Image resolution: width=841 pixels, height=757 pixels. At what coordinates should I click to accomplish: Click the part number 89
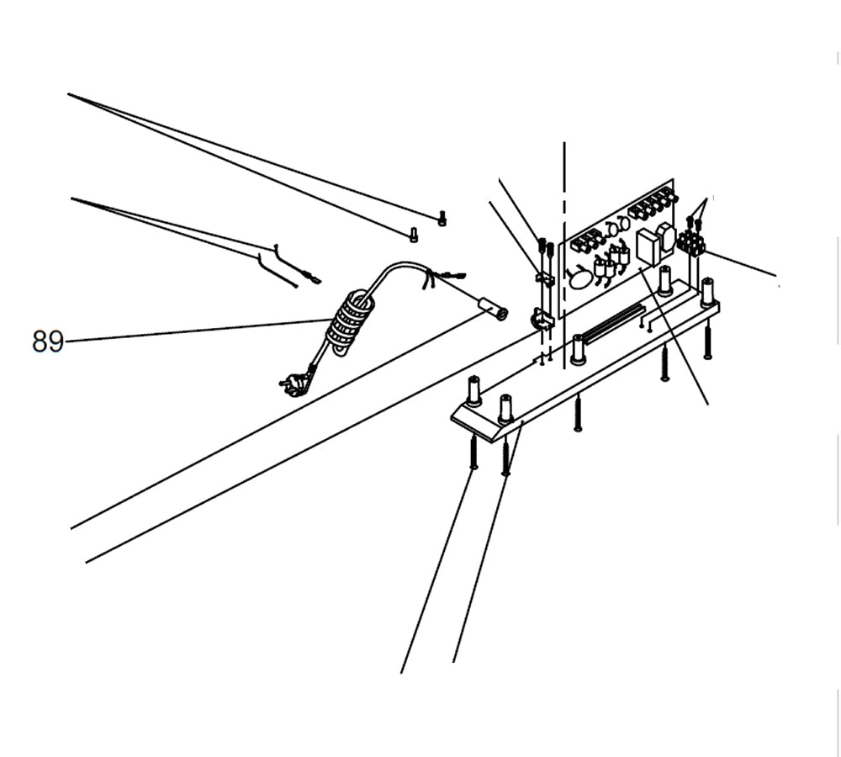[x=48, y=341]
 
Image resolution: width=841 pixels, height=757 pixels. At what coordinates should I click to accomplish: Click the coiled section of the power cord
[x=347, y=322]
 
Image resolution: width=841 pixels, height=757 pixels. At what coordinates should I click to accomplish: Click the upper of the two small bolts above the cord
[x=442, y=219]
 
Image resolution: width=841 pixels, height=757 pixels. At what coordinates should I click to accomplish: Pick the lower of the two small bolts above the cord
[x=413, y=235]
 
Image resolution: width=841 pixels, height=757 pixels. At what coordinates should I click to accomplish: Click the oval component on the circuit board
[x=580, y=277]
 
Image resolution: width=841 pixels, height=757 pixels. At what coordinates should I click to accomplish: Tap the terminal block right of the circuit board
[x=690, y=244]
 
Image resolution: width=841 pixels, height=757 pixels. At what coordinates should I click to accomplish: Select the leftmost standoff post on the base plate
[x=473, y=391]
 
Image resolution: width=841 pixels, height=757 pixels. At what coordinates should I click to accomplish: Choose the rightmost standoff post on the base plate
[x=707, y=291]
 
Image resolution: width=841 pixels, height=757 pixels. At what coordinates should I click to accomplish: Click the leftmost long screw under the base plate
[x=473, y=453]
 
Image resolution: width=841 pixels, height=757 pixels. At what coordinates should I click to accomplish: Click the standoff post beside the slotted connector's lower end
[x=578, y=349]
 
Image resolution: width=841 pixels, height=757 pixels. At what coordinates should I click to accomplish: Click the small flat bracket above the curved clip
[x=546, y=278]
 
